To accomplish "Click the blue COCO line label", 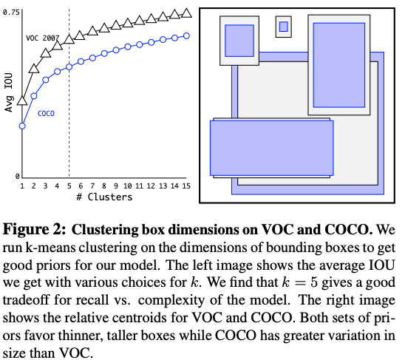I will point(47,113).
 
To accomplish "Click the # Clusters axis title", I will point(103,198).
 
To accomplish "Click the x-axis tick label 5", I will point(69,186).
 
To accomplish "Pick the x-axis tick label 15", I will point(186,186).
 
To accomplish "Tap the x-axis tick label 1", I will point(22,186).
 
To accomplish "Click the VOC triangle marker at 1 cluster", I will point(22,99).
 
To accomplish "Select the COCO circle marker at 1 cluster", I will point(22,126).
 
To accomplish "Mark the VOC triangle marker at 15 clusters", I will point(186,13).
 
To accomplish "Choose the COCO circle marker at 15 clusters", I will point(186,35).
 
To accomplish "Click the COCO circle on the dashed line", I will point(69,67).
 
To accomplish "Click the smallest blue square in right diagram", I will point(283,27).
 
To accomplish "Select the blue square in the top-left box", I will point(239,41).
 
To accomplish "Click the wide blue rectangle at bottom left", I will point(271,148).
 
